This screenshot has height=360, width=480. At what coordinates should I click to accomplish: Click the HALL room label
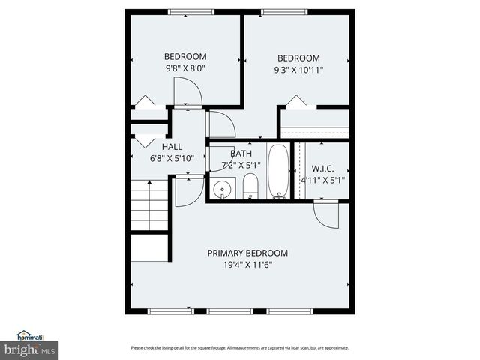172,147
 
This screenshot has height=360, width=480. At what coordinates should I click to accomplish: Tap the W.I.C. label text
322,169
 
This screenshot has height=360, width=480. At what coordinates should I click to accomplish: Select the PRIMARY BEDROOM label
247,253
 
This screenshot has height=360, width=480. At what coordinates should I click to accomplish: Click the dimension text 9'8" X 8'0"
185,68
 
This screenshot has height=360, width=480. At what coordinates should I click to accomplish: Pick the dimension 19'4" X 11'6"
247,265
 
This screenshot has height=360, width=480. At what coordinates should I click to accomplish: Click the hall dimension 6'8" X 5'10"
172,158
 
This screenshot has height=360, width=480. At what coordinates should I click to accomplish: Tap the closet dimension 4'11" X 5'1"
322,180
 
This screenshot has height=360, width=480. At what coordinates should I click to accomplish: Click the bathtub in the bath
278,172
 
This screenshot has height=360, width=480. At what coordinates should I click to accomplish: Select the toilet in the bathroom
250,187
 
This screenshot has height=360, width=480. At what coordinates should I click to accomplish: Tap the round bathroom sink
222,189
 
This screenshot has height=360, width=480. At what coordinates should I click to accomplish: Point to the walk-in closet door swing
325,214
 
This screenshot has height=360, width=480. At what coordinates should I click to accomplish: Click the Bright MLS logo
30,349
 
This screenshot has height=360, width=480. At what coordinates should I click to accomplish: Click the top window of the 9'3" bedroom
283,11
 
